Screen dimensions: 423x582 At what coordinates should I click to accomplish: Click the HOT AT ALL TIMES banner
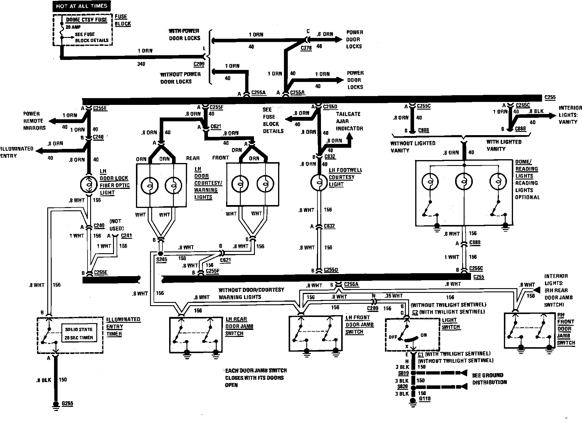tap(82, 6)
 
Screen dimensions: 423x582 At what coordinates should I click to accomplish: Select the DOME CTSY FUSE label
tap(86, 20)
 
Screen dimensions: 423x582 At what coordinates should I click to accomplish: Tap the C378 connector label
tap(306, 48)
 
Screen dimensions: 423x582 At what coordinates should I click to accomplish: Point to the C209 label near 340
tap(199, 64)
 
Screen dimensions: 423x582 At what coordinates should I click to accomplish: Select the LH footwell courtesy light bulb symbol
tap(319, 182)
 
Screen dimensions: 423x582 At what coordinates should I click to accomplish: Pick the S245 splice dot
tap(160, 254)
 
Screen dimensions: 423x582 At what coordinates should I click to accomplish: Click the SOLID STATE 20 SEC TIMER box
tap(79, 333)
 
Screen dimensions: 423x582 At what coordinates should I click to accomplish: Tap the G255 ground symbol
tap(55, 404)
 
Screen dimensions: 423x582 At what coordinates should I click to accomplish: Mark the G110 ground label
tap(425, 399)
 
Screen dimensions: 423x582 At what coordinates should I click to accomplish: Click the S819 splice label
tap(403, 373)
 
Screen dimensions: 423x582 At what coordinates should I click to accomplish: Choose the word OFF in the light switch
tap(393, 337)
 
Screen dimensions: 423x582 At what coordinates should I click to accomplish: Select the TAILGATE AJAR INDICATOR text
tap(349, 121)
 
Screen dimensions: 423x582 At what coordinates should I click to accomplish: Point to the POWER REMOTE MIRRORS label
tap(34, 121)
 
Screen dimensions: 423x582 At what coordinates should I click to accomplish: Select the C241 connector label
tap(126, 236)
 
